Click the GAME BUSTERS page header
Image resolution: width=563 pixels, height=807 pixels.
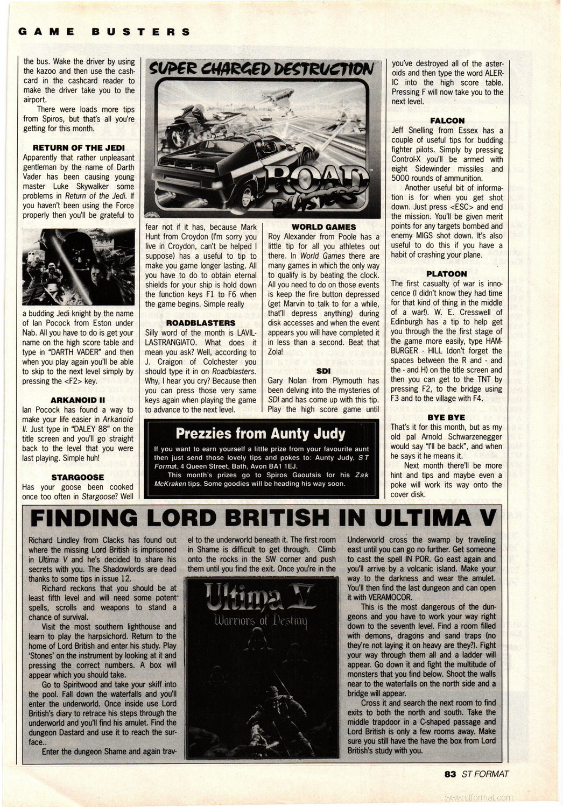(104, 31)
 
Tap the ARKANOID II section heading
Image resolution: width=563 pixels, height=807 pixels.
(78, 399)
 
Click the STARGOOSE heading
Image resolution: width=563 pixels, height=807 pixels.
(78, 477)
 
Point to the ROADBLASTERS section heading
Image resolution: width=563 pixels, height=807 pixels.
(201, 323)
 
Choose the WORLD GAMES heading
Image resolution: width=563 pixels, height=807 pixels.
(323, 227)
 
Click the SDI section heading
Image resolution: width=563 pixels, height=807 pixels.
(323, 371)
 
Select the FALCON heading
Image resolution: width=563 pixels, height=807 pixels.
(447, 121)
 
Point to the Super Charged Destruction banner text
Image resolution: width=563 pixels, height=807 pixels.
(260, 68)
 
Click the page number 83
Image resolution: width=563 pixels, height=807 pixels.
(450, 774)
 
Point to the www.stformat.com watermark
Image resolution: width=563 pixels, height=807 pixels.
(479, 797)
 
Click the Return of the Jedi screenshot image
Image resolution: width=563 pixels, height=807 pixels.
(78, 267)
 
